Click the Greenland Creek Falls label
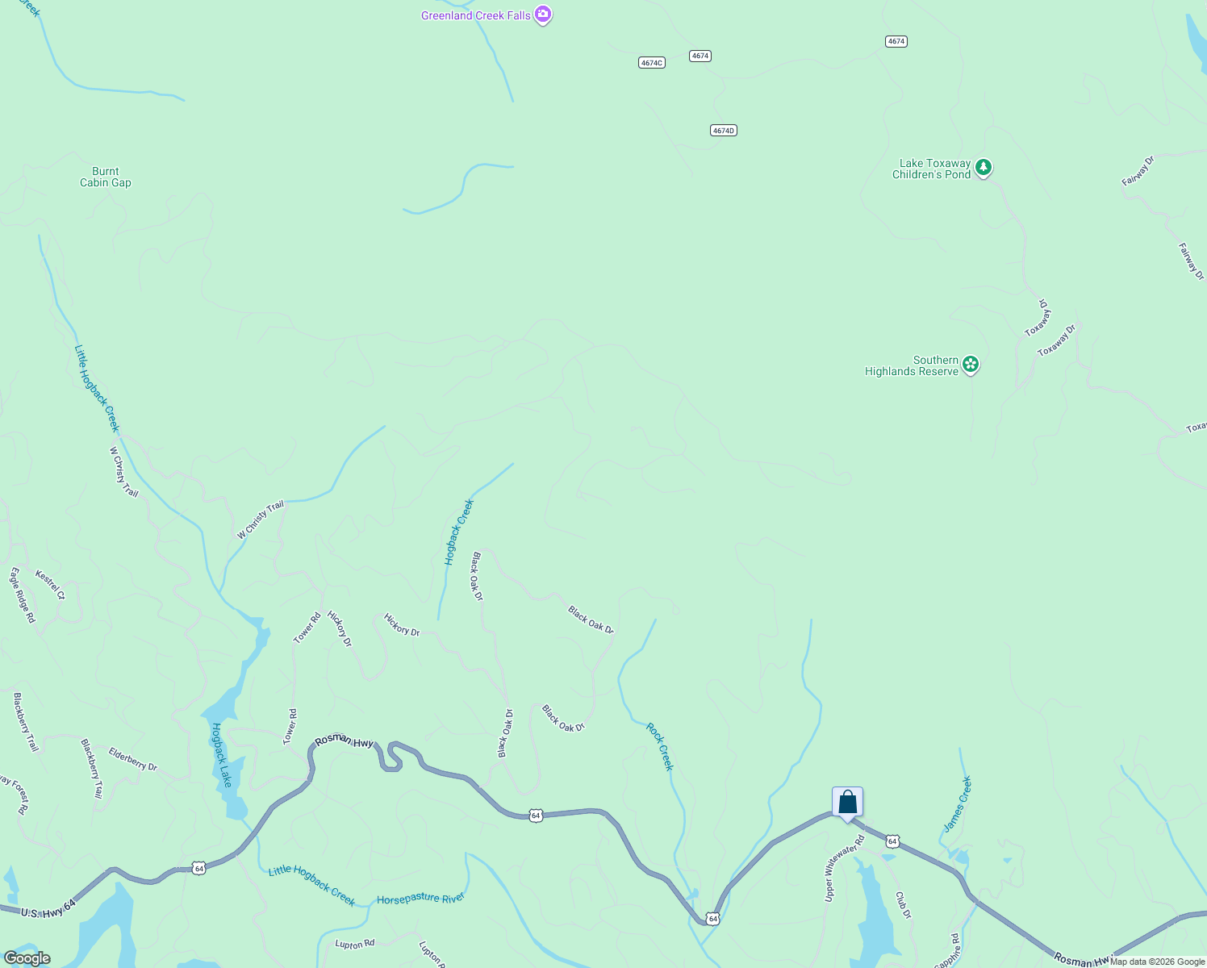(x=475, y=15)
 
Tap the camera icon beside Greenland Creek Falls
(x=544, y=15)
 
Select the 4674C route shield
(x=651, y=62)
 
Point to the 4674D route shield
(x=724, y=130)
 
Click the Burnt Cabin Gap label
(x=106, y=177)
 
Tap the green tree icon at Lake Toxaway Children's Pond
(x=983, y=168)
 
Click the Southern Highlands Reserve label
(x=912, y=366)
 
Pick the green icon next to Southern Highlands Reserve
(x=971, y=365)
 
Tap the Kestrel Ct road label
(x=50, y=585)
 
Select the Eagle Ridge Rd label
(x=22, y=595)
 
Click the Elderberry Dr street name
(x=133, y=759)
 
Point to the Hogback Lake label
(x=222, y=755)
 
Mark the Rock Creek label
(x=659, y=746)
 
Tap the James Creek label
(x=958, y=804)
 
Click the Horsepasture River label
(x=421, y=898)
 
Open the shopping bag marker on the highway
(x=847, y=803)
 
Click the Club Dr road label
(x=903, y=904)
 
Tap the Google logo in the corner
(x=27, y=958)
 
